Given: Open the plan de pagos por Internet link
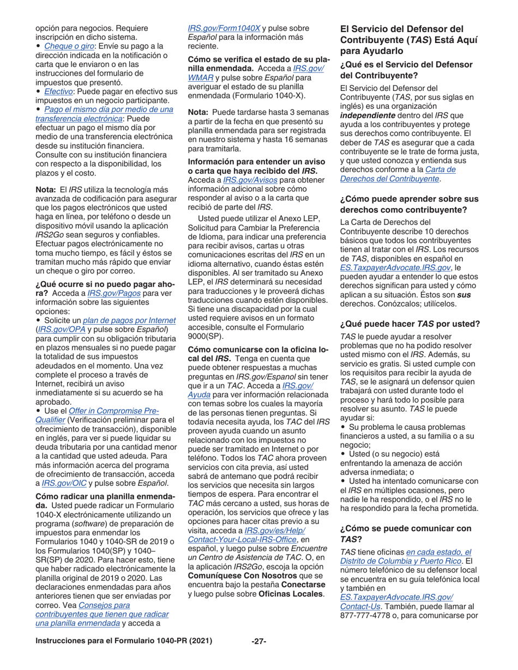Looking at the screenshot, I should [129, 320].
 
